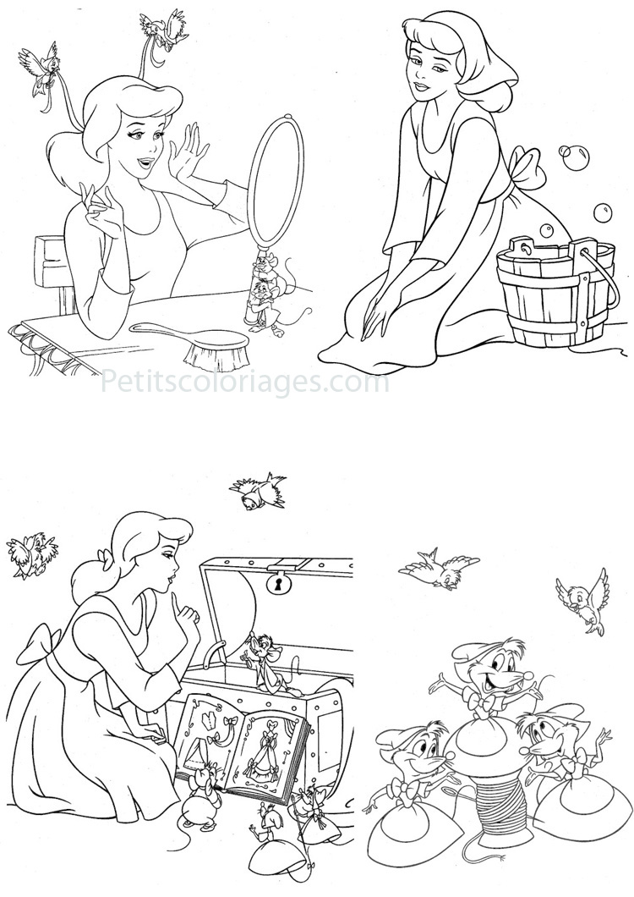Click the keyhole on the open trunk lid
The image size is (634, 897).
point(276,583)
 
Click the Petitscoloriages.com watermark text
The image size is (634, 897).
point(245,383)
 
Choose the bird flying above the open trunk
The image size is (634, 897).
point(257,492)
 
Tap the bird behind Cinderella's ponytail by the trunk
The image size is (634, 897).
point(30,554)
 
